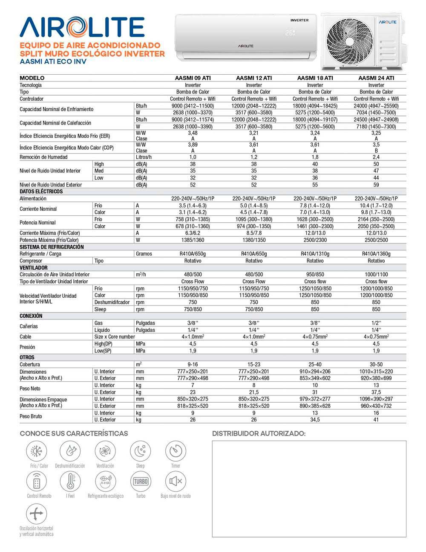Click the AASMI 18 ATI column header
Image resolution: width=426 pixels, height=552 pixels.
[315, 78]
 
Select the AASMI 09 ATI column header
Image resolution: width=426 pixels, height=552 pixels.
[193, 78]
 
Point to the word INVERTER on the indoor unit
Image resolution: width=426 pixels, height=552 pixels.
[299, 20]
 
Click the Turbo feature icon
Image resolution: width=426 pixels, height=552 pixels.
[141, 482]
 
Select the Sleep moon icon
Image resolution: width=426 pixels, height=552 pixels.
[141, 451]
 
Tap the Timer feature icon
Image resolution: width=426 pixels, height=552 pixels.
[176, 451]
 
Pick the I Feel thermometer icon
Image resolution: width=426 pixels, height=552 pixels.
[70, 482]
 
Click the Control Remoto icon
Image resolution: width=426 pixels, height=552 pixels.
[37, 482]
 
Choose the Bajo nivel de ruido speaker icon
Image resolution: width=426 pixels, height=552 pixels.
[176, 482]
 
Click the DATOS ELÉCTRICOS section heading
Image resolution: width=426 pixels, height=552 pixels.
[41, 192]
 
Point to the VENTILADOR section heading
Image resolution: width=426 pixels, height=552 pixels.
[34, 267]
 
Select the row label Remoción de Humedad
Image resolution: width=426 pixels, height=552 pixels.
[43, 157]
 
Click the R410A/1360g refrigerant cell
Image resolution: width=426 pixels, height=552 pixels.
[376, 254]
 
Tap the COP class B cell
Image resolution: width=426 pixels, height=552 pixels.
[376, 151]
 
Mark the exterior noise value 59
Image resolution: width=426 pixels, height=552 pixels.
[376, 185]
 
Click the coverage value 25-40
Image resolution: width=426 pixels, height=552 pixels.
[315, 365]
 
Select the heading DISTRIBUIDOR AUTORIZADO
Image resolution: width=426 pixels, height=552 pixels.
[259, 434]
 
